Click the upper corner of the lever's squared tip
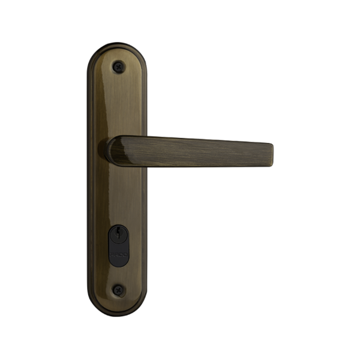tap(272, 144)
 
